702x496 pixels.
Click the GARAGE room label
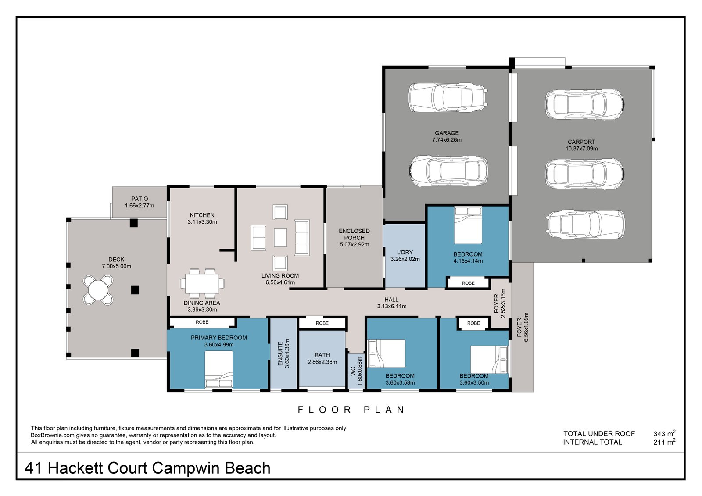click(x=447, y=133)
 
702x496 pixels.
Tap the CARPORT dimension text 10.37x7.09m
click(x=581, y=149)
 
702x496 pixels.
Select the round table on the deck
click(x=98, y=289)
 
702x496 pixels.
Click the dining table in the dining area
click(x=202, y=284)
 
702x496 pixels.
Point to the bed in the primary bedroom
click(x=219, y=369)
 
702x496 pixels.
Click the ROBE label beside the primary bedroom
click(x=202, y=322)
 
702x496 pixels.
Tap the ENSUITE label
click(x=281, y=353)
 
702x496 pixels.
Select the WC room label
click(x=353, y=371)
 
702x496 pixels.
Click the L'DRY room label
click(x=405, y=253)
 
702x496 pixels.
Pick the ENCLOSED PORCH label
click(x=354, y=234)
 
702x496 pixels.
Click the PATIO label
click(x=140, y=199)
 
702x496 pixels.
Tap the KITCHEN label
click(x=202, y=215)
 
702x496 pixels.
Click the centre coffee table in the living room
click(x=280, y=238)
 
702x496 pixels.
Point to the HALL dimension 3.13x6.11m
click(x=391, y=307)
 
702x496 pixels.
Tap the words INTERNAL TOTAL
click(x=592, y=442)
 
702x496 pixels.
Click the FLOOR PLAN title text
click(x=351, y=410)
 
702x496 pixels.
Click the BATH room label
click(x=322, y=355)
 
